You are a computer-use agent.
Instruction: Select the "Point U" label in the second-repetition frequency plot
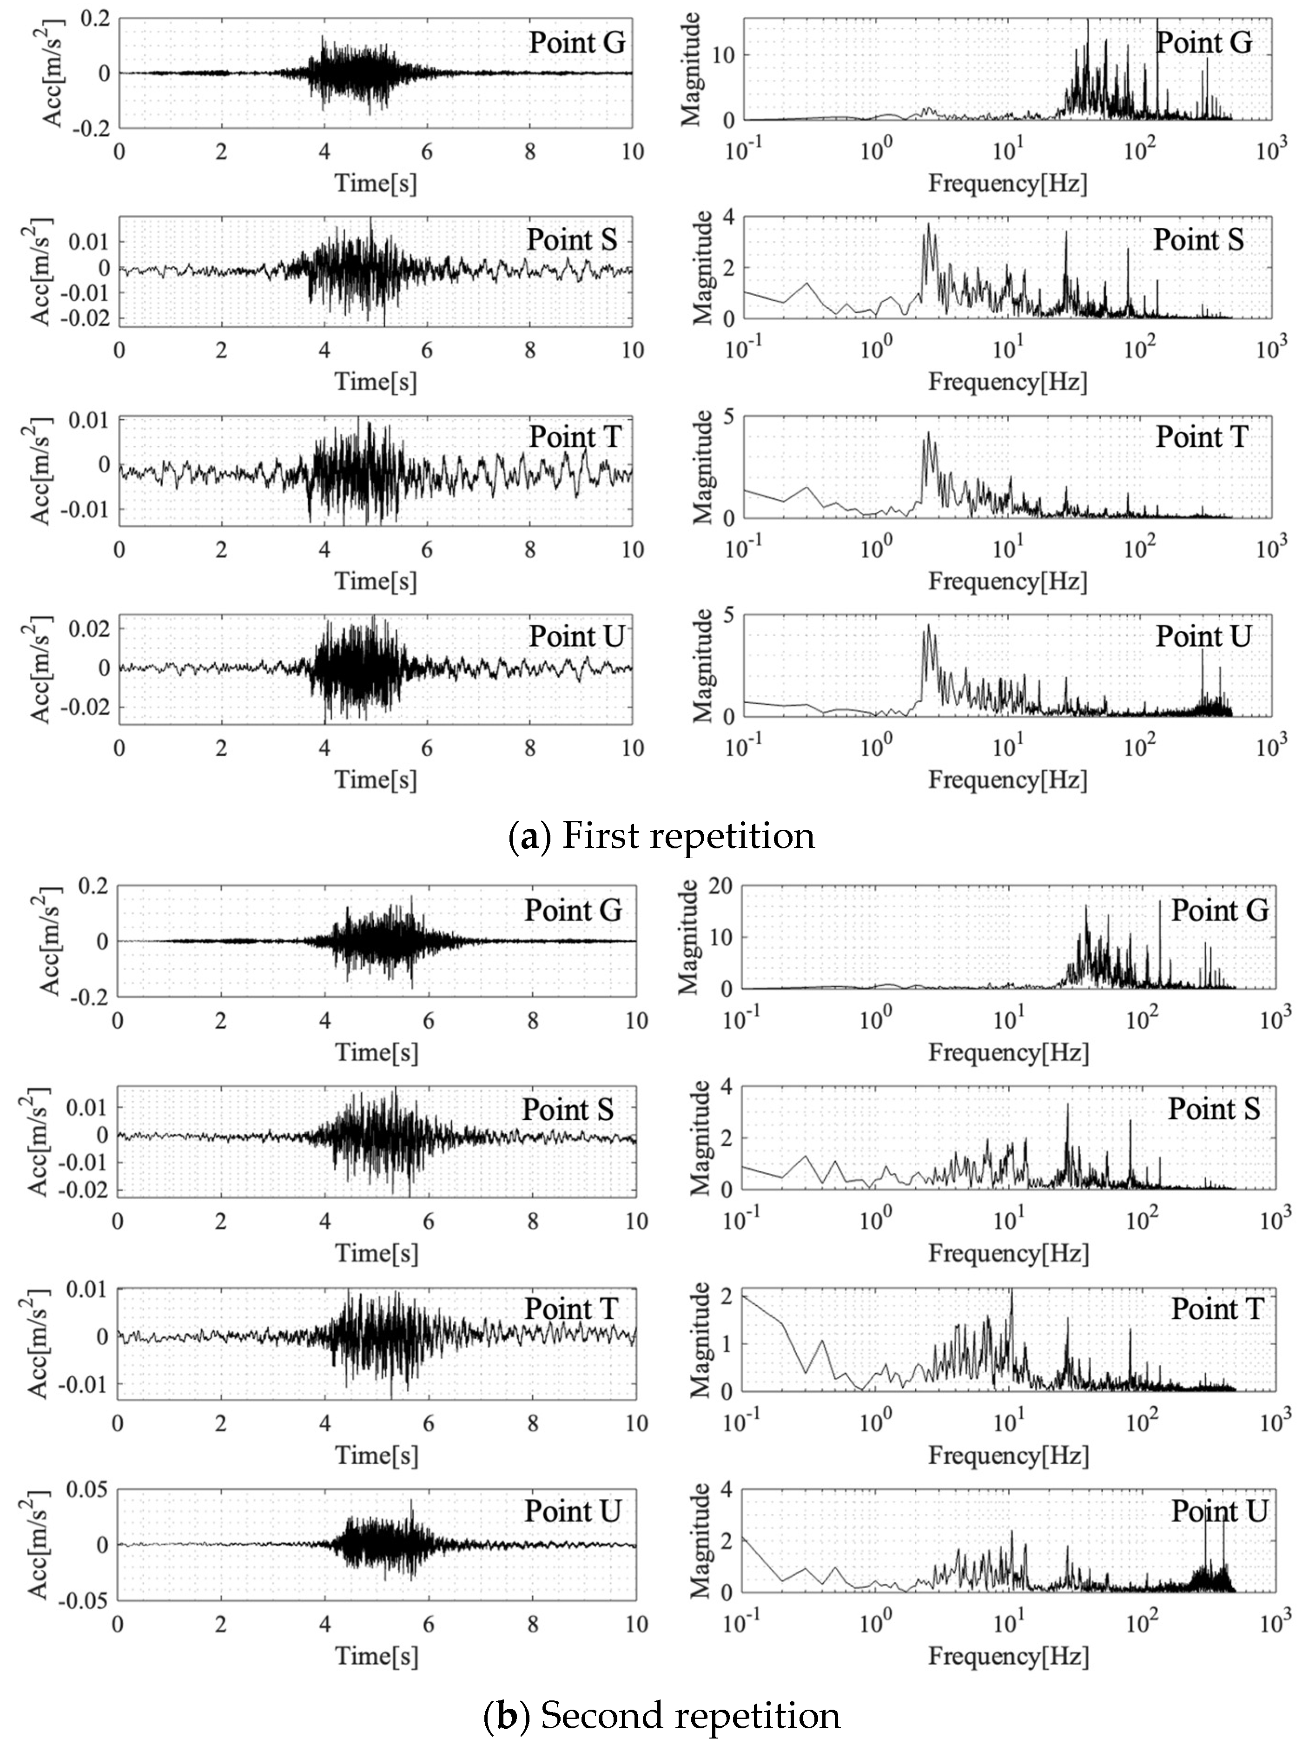coord(1218,1511)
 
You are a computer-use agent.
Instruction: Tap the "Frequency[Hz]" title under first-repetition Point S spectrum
coord(1007,382)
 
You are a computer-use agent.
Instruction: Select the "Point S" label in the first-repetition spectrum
coord(1198,239)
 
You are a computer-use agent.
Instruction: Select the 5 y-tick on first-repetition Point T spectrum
coord(727,417)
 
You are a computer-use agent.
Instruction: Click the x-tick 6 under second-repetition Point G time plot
coord(429,1021)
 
